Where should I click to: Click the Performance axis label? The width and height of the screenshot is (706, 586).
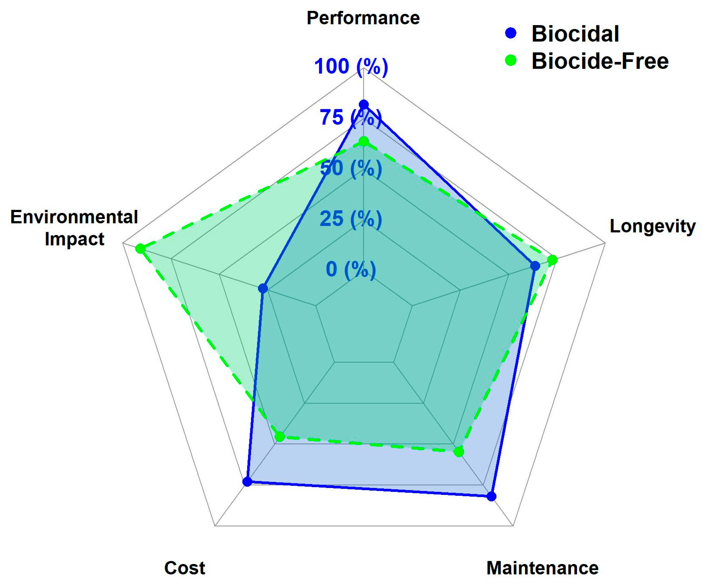coord(363,18)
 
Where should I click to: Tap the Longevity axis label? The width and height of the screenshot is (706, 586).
coord(652,226)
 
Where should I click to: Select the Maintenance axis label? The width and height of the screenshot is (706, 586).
coord(542,568)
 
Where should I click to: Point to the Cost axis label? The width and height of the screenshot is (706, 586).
coord(185,568)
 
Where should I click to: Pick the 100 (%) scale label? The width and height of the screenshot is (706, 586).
coord(351,66)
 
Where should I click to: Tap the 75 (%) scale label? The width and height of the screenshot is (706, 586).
coord(351,117)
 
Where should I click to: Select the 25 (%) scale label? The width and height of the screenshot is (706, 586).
coord(351,219)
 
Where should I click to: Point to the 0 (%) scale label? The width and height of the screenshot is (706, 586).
coord(351,269)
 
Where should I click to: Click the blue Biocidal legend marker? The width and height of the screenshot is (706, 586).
coord(511,33)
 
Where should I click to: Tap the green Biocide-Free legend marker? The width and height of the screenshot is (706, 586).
coord(511,60)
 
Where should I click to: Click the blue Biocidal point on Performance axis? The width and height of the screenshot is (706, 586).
coord(363,104)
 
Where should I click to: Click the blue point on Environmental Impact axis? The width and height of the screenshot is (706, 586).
coord(263,288)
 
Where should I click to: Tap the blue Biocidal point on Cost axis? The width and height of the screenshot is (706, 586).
coord(247,482)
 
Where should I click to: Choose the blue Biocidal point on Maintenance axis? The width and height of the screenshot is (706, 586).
coord(492,497)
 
